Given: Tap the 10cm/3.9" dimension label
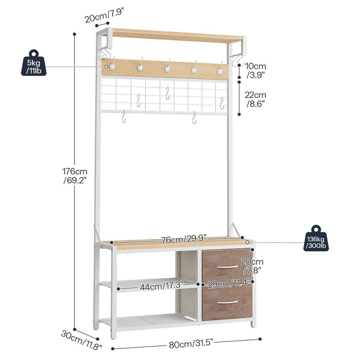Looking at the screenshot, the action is (255, 70).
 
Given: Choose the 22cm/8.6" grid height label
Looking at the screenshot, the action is (255, 100).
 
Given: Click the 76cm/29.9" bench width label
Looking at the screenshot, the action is (184, 239).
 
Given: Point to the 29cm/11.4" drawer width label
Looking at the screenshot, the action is (229, 284).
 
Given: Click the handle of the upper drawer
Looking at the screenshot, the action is (227, 267).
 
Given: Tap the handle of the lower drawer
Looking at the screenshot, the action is (227, 302).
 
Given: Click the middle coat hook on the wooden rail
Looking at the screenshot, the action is (167, 66).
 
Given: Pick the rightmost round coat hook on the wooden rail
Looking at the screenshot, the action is (220, 68).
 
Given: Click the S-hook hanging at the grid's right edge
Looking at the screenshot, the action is (222, 103).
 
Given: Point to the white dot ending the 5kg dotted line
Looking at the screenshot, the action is (106, 67).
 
